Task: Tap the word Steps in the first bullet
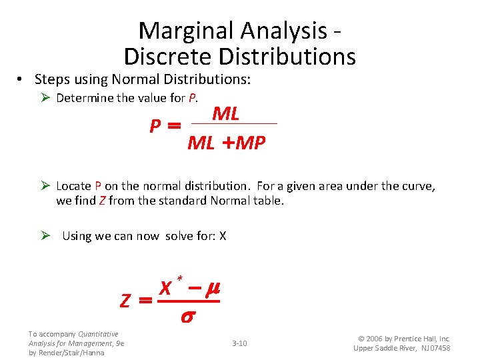tap(52, 79)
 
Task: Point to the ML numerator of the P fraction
tap(225, 113)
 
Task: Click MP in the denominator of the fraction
tap(251, 143)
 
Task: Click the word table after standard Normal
tap(269, 200)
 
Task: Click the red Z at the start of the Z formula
tap(125, 301)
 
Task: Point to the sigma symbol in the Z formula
tap(187, 317)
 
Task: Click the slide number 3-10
tap(239, 343)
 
